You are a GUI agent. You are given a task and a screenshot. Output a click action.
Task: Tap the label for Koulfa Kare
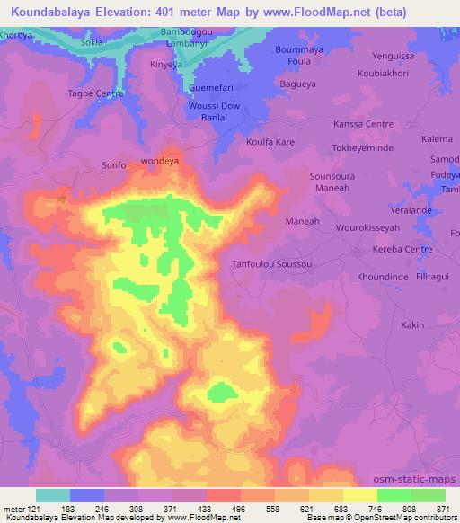(x=270, y=142)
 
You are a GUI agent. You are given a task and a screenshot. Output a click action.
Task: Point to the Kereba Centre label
(x=403, y=249)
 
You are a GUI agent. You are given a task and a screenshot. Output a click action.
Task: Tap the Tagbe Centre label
(x=95, y=93)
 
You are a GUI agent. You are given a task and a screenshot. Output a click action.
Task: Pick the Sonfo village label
(x=114, y=164)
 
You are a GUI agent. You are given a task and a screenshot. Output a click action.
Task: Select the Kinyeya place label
(x=166, y=65)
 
